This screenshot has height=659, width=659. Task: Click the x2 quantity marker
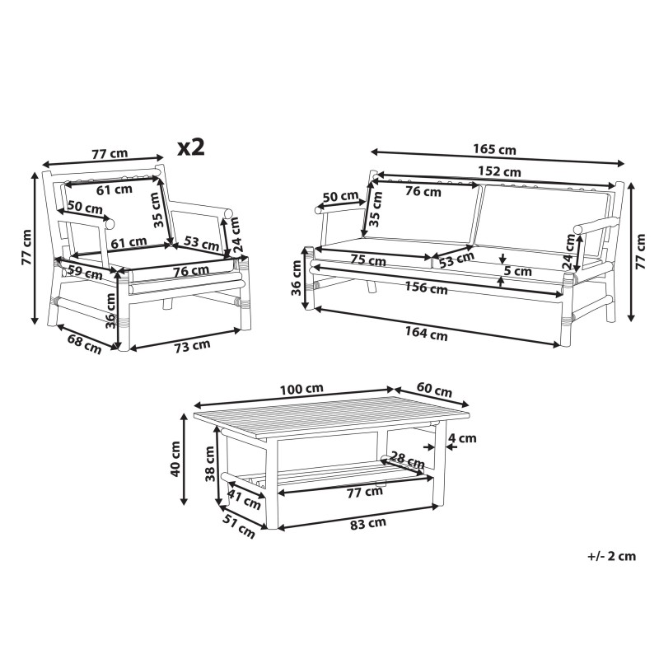pyautogui.click(x=191, y=147)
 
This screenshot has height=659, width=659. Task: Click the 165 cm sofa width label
pyautogui.click(x=494, y=149)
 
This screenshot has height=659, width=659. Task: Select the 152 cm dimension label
pyautogui.click(x=499, y=171)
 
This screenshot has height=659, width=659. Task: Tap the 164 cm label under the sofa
pyautogui.click(x=426, y=334)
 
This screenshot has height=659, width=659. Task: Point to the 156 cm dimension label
pyautogui.click(x=426, y=287)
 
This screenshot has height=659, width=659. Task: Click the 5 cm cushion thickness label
pyautogui.click(x=518, y=271)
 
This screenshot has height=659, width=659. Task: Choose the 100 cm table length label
pyautogui.click(x=301, y=389)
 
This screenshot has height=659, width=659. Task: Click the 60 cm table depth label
pyautogui.click(x=434, y=390)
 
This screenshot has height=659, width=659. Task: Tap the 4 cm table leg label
pyautogui.click(x=462, y=438)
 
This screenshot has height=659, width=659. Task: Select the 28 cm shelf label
pyautogui.click(x=407, y=460)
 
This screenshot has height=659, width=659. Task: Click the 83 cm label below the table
pyautogui.click(x=368, y=523)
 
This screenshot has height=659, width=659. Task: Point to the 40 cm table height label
pyautogui.click(x=175, y=459)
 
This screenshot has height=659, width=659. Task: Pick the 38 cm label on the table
pyautogui.click(x=210, y=464)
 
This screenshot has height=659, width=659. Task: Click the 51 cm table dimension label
pyautogui.click(x=239, y=526)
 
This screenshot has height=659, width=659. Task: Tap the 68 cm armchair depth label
pyautogui.click(x=85, y=344)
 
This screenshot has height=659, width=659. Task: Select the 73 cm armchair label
pyautogui.click(x=192, y=346)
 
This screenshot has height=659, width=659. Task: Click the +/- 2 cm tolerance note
pyautogui.click(x=611, y=557)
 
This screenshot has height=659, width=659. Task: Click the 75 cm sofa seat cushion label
pyautogui.click(x=368, y=260)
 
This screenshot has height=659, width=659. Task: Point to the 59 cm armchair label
pyautogui.click(x=85, y=273)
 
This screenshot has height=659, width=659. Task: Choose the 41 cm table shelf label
pyautogui.click(x=244, y=499)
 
